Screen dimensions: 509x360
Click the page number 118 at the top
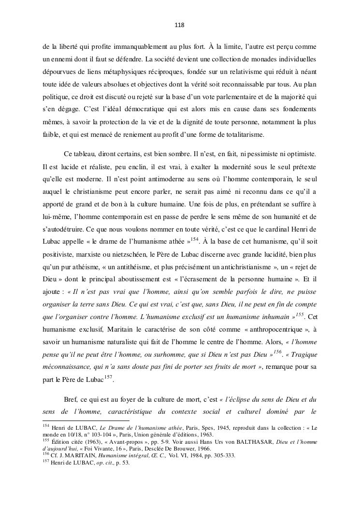pos(180,25)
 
